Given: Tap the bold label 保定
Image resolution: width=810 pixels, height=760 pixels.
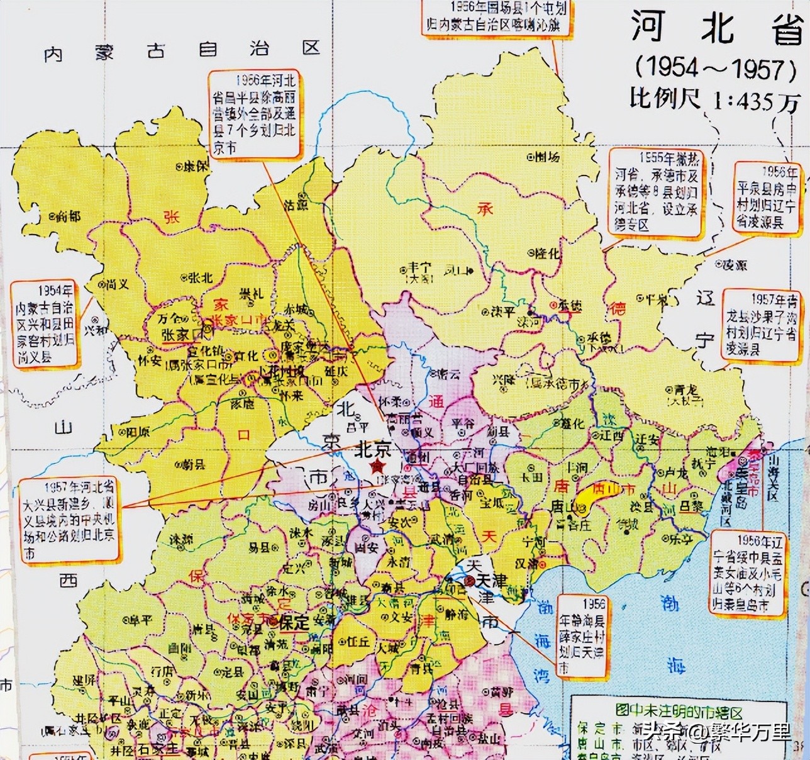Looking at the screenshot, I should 293,623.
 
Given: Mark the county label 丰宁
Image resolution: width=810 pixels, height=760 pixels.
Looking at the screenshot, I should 419,268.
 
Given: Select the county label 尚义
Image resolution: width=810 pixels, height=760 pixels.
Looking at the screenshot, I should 118,284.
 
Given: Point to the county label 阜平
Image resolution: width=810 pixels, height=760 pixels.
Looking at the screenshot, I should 140,621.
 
